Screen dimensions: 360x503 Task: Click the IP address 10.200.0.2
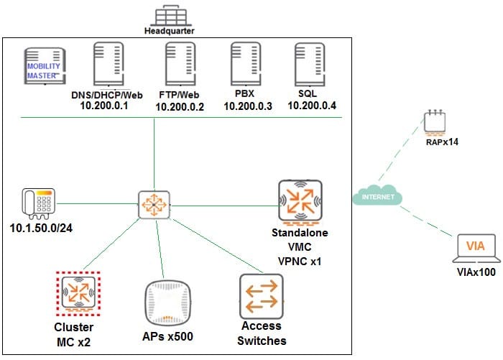(x=180, y=108)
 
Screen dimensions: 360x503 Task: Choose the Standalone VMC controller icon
(x=299, y=201)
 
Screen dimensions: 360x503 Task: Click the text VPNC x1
(x=299, y=261)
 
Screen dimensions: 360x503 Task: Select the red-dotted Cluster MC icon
(x=75, y=293)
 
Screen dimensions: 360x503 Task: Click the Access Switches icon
(x=261, y=295)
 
